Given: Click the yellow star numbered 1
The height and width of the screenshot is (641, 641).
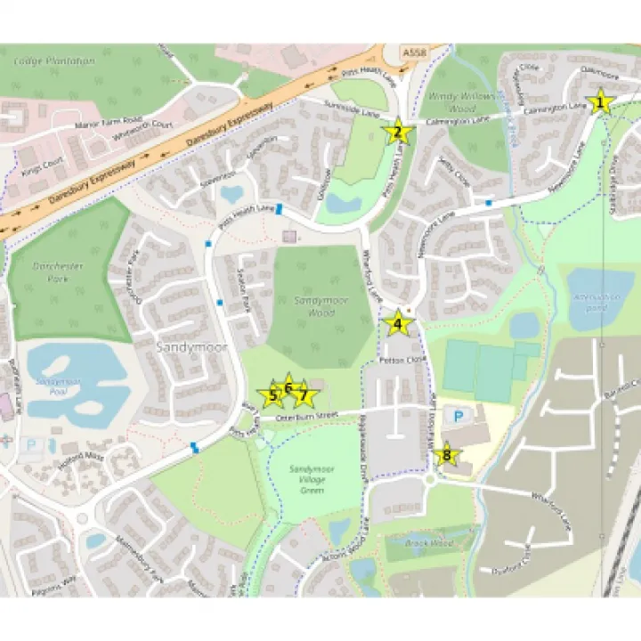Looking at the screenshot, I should (x=600, y=102).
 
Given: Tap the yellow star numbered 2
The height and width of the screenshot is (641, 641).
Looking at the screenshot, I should (x=397, y=134).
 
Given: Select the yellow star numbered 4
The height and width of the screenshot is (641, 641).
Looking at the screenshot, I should (x=398, y=324).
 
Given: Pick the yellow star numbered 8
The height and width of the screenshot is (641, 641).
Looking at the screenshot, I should (x=447, y=457).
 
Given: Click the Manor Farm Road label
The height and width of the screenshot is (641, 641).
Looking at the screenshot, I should (x=109, y=120).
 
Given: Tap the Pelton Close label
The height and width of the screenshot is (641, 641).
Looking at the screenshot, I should (x=397, y=361).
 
